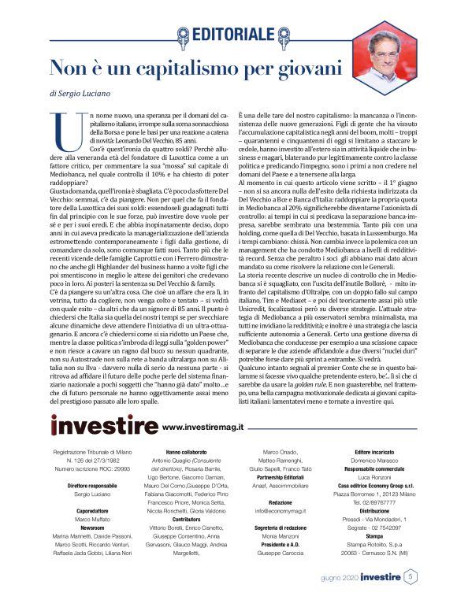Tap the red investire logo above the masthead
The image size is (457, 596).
coord(104,426)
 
